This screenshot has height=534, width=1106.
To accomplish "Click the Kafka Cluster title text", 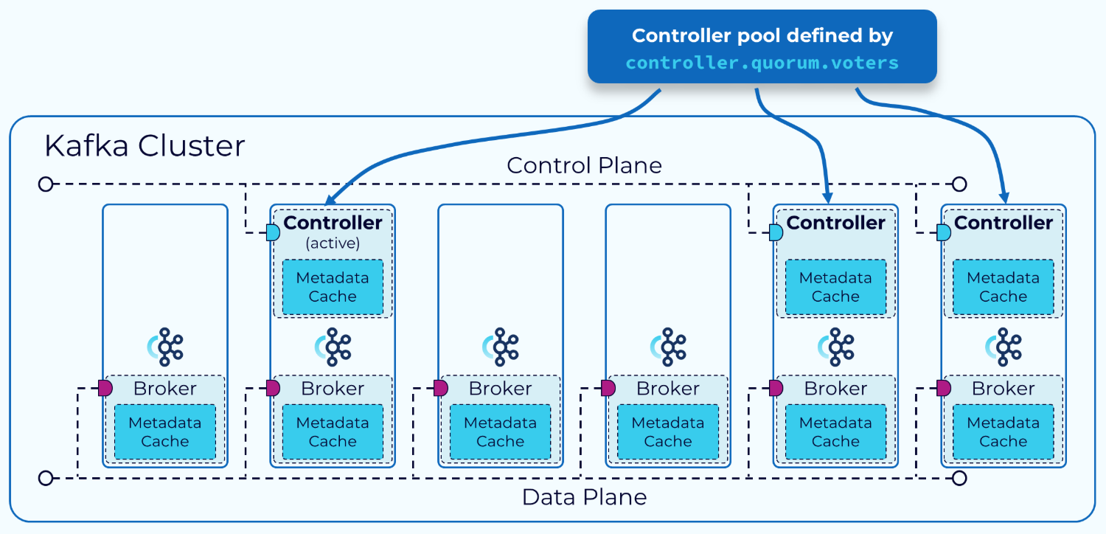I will coord(145,146).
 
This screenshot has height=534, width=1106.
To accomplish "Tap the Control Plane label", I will coord(584,165).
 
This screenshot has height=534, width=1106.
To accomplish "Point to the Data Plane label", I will coord(584,497).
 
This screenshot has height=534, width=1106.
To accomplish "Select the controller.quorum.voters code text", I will coord(762,63).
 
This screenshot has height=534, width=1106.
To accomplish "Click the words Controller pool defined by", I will coord(762,35).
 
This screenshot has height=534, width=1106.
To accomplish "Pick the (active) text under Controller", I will coord(333,243).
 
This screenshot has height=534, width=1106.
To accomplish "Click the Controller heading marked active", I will coord(333,223).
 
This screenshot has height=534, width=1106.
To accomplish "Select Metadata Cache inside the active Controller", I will coord(333,287).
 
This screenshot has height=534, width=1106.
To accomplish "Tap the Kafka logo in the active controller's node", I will coord(333,347).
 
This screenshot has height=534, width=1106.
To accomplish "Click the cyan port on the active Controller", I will coord(273,233).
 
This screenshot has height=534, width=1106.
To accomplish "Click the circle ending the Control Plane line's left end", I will coord(46,184).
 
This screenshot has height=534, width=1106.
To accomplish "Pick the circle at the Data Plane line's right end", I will coord(959,478).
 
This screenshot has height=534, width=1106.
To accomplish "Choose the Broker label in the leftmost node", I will coord(165,389).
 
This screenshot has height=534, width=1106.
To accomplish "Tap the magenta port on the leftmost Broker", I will coord(105,388).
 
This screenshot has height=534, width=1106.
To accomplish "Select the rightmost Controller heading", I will coord(1003,223).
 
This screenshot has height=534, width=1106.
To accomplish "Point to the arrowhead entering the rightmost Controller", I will coord(1004,198).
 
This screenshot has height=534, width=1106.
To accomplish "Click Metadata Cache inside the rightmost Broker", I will coord(1003,431).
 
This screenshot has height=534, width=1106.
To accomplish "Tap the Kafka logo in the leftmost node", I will coord(165,347).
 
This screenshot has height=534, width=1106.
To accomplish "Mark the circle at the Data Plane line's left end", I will coord(46,478).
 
